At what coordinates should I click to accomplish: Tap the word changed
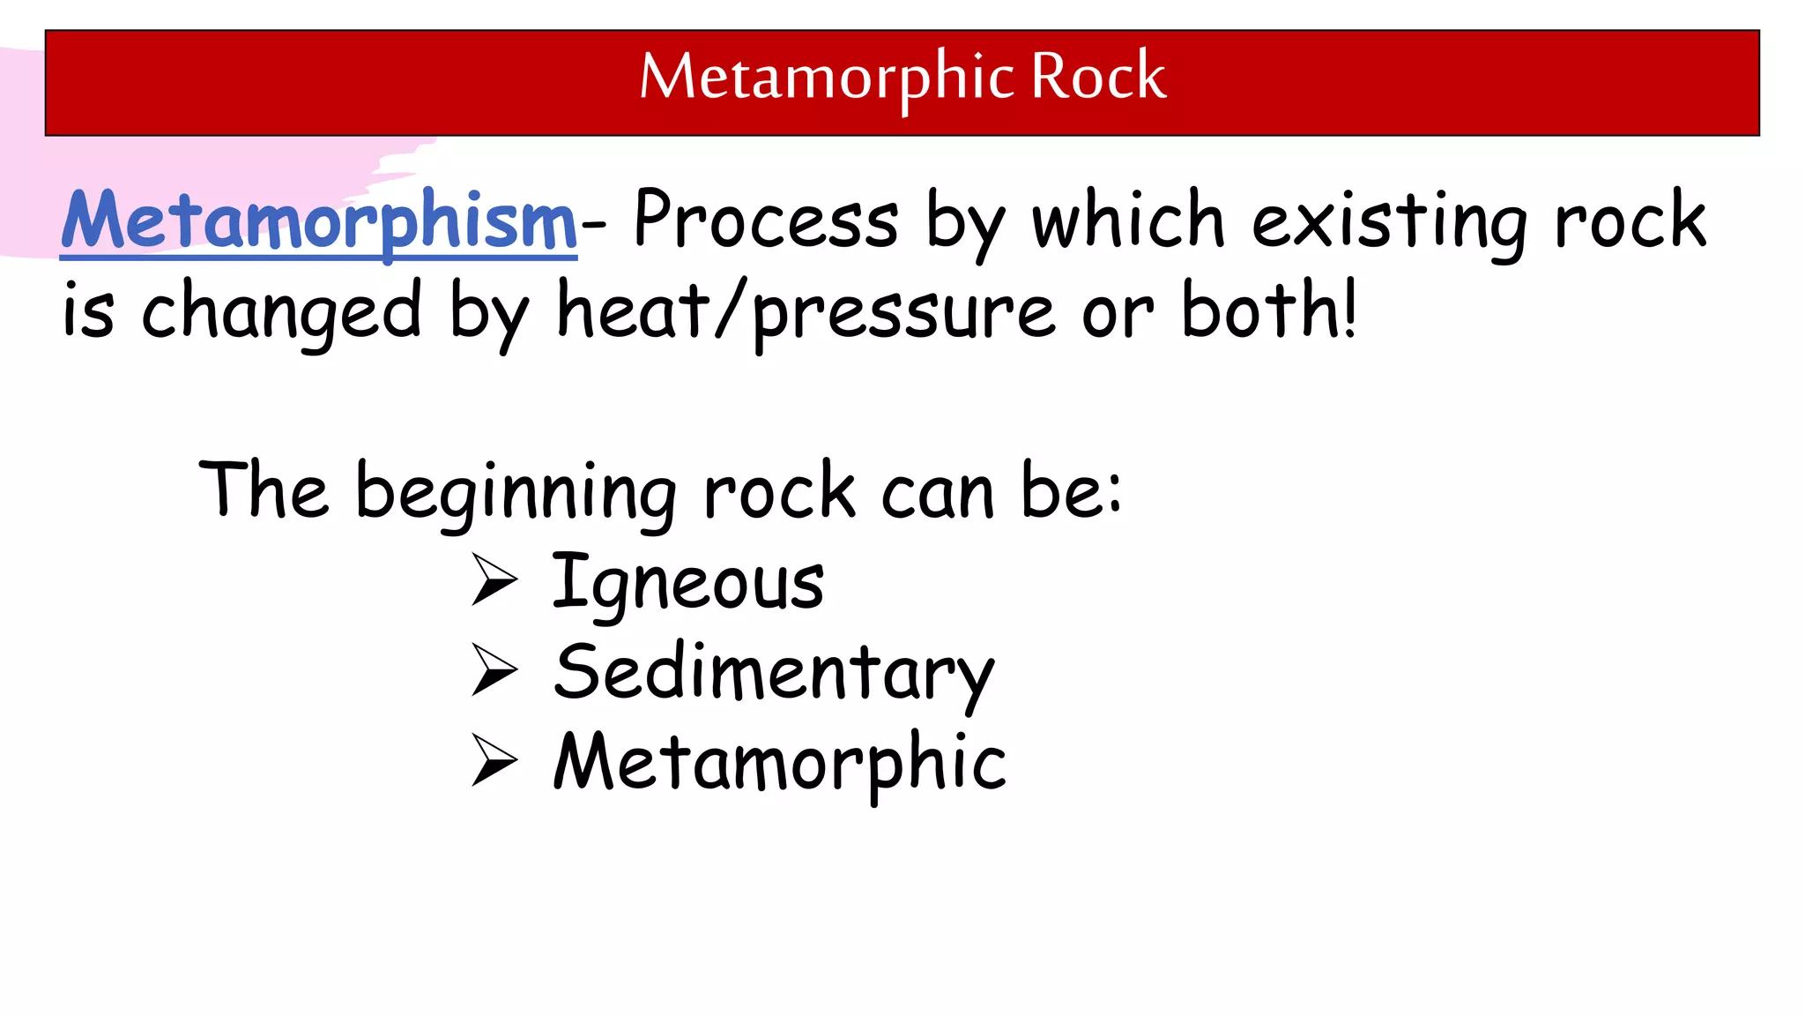(x=282, y=312)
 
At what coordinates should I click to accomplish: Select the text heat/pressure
(x=806, y=312)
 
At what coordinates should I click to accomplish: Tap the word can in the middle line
(x=938, y=494)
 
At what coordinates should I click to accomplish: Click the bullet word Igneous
(x=688, y=583)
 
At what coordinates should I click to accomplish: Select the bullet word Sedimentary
(x=775, y=674)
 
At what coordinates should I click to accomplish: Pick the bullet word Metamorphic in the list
(x=780, y=764)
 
